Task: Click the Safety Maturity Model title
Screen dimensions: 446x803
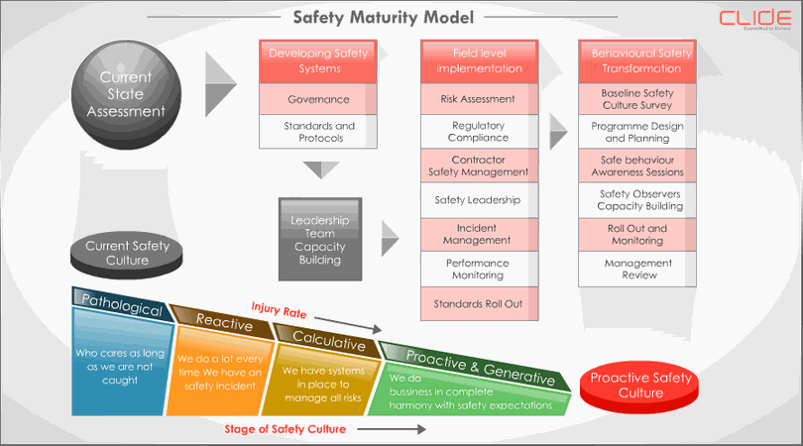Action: pyautogui.click(x=383, y=17)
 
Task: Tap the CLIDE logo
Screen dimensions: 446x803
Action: pyautogui.click(x=756, y=19)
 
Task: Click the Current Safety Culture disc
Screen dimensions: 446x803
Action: pyautogui.click(x=127, y=254)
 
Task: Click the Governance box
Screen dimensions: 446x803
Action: pyautogui.click(x=318, y=100)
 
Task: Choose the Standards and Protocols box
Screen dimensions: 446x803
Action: pyautogui.click(x=318, y=132)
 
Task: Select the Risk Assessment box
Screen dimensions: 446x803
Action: pyautogui.click(x=479, y=99)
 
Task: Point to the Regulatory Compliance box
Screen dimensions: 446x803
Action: pyautogui.click(x=479, y=132)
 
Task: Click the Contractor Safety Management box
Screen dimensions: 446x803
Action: pyautogui.click(x=479, y=166)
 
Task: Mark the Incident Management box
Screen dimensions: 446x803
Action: pyautogui.click(x=479, y=234)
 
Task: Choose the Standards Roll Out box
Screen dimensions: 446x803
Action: pyautogui.click(x=479, y=303)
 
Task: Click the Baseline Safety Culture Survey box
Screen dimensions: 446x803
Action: pyautogui.click(x=636, y=99)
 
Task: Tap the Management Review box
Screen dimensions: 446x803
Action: pyautogui.click(x=637, y=269)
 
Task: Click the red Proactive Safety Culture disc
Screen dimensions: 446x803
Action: pyautogui.click(x=640, y=386)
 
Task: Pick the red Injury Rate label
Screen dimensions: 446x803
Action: pyautogui.click(x=279, y=310)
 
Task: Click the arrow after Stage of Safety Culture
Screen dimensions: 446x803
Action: pyautogui.click(x=392, y=430)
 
